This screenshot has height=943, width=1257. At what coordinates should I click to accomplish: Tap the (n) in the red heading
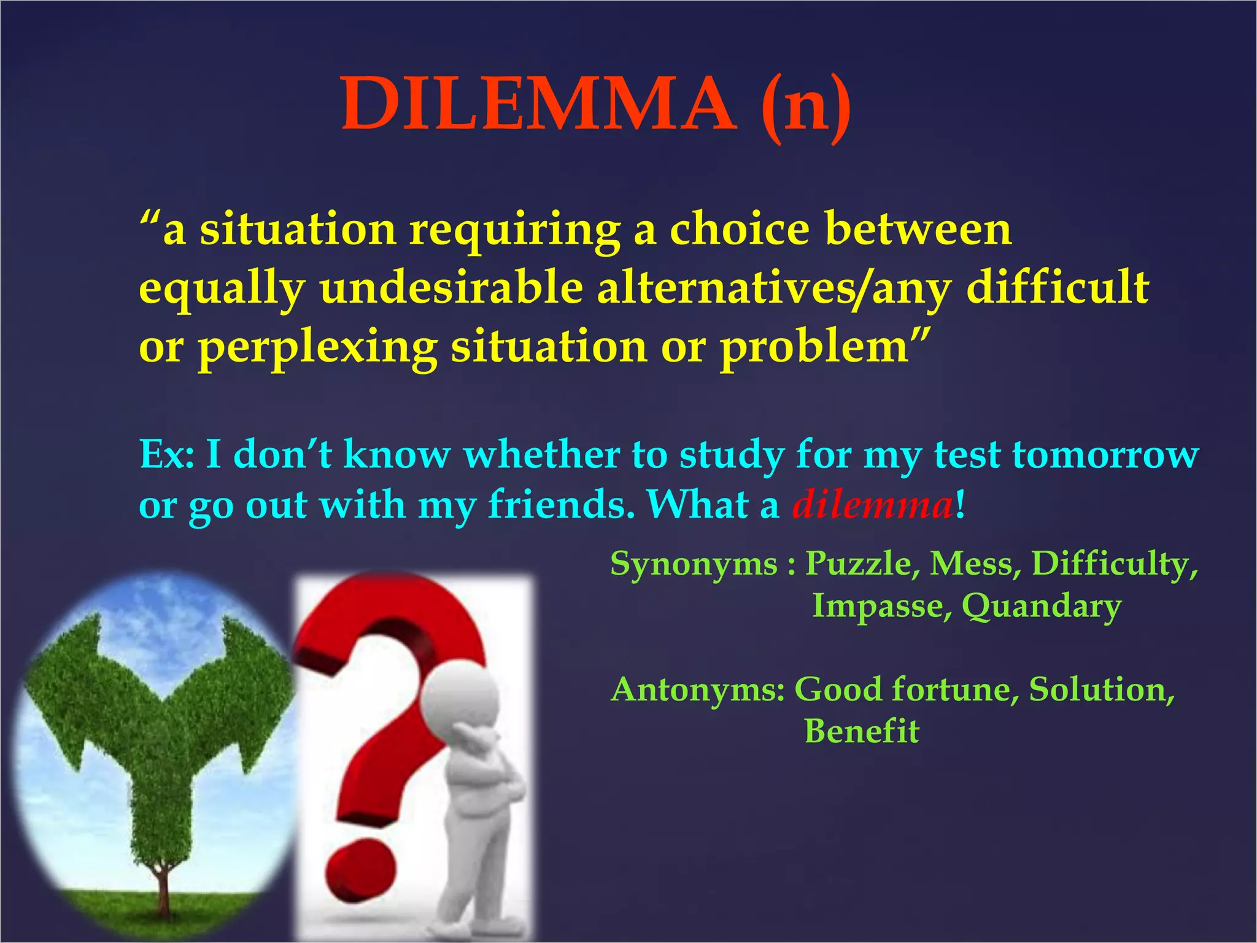coord(805,106)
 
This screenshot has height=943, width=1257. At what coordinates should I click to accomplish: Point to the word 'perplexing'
coord(318,347)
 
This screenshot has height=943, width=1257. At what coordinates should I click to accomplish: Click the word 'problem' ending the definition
coord(814,347)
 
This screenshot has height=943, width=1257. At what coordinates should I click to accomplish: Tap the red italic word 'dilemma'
coord(872,505)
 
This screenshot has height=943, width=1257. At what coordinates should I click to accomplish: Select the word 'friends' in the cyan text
coord(561,505)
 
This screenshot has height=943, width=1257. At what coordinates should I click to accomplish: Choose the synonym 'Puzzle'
coord(862,563)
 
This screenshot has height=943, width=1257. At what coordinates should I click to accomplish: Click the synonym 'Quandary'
coord(1041,607)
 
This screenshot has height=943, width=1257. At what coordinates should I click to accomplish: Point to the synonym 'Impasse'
coord(881,605)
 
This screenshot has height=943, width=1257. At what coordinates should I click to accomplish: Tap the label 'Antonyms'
coord(698,689)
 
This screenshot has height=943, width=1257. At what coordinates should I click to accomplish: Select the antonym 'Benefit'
coord(862,731)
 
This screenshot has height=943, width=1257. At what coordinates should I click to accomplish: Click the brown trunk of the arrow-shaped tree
coord(163,890)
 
